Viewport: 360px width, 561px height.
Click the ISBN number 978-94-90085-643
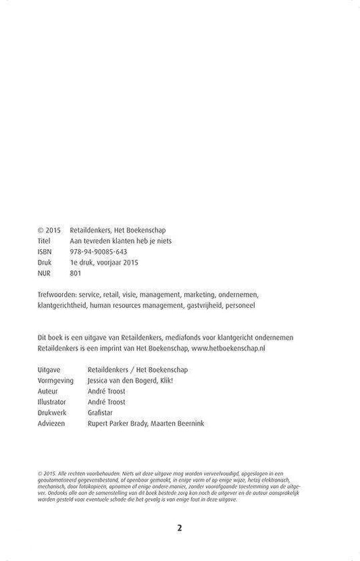(98, 251)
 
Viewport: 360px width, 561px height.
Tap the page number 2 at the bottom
(180, 529)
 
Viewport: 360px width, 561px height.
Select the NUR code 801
(76, 273)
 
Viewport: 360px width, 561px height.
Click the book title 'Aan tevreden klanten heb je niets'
(120, 240)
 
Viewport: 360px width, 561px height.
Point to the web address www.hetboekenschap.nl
(228, 348)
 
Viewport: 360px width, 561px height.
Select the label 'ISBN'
(46, 251)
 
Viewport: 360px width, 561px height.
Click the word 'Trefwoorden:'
(58, 294)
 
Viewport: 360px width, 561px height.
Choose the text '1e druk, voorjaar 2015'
(103, 262)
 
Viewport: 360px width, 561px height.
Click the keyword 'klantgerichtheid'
(66, 305)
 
